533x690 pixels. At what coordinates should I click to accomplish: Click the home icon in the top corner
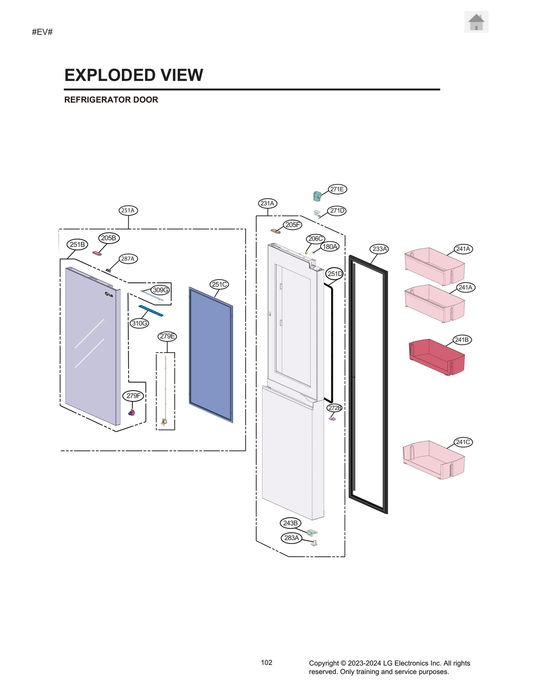coord(476,22)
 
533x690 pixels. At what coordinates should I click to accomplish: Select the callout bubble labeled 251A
coord(128,210)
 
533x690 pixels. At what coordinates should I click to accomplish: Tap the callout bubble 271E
coord(337,189)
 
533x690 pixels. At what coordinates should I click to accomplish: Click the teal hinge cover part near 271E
coord(317,196)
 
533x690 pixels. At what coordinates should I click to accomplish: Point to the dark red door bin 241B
coord(436,357)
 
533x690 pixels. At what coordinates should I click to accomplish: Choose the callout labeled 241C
coord(463,442)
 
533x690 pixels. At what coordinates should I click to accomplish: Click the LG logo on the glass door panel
coord(109,294)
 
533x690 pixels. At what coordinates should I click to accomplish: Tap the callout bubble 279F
coord(134,395)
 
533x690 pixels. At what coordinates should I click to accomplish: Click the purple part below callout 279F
coord(132,413)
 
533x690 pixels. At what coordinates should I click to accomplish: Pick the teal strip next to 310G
coord(151,311)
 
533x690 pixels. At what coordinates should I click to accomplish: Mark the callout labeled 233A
coord(380,249)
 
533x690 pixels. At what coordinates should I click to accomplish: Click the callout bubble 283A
coord(291,538)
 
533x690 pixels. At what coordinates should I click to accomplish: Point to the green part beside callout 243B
coord(312,532)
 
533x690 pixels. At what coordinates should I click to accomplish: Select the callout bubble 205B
coord(109,238)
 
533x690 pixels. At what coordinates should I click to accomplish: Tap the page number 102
coord(266,662)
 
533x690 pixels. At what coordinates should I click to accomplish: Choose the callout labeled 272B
coord(334,408)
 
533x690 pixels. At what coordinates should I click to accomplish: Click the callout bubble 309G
coord(161,290)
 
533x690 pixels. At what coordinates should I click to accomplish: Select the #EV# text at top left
coord(42,32)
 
